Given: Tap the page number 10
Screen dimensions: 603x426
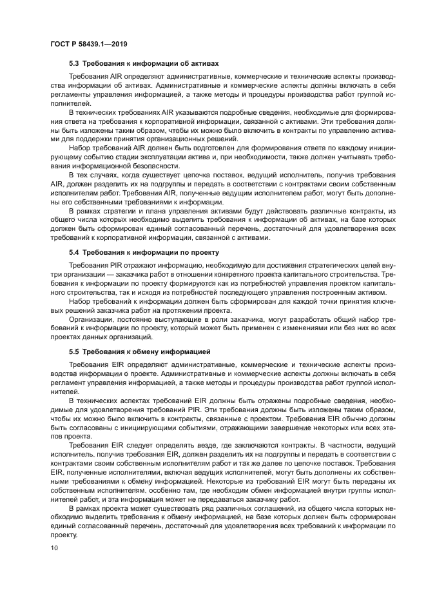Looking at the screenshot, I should coord(53,548).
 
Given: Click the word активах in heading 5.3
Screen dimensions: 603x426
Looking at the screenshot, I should coord(205,64).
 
